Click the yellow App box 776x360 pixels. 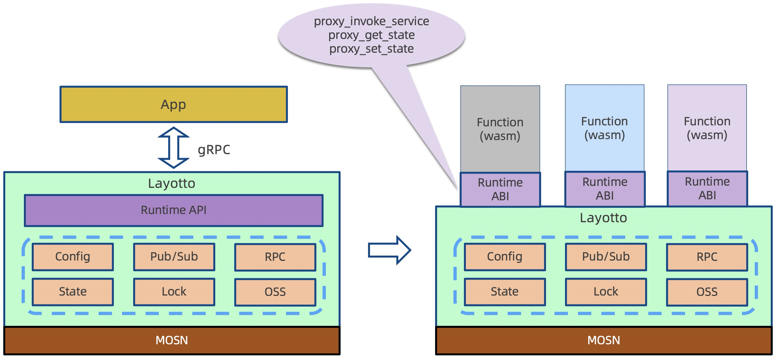click(x=173, y=104)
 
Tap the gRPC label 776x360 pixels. click(x=214, y=150)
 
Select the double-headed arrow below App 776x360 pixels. click(x=173, y=148)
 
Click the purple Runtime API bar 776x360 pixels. click(x=173, y=210)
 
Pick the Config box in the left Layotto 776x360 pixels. click(x=73, y=257)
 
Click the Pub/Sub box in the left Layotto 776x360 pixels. click(x=174, y=257)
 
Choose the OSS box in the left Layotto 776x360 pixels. click(x=275, y=292)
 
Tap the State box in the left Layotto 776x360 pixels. click(x=73, y=292)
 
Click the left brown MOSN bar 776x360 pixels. click(x=172, y=340)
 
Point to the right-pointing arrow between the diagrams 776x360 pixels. click(x=389, y=250)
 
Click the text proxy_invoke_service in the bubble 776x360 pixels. click(x=371, y=21)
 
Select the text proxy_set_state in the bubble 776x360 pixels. click(x=371, y=49)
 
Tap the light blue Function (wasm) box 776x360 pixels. click(x=605, y=128)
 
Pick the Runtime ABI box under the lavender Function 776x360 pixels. click(x=707, y=189)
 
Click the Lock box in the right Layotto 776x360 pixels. click(x=606, y=292)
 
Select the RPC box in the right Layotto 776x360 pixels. click(x=707, y=257)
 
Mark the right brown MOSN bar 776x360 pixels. click(x=604, y=340)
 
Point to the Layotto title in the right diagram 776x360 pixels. click(x=603, y=218)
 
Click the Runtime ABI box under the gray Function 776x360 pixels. click(x=500, y=189)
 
